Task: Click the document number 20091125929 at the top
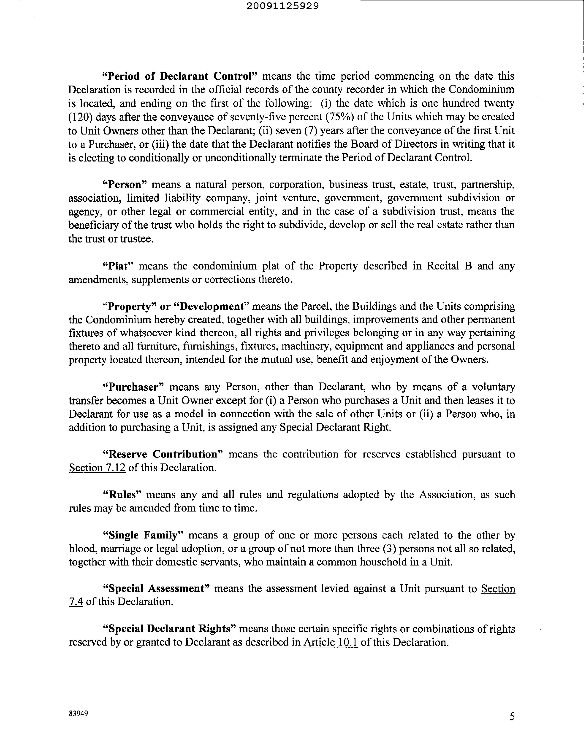283,6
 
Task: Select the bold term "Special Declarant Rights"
169,629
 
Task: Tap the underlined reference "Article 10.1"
330,643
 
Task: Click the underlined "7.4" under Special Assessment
76,602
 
